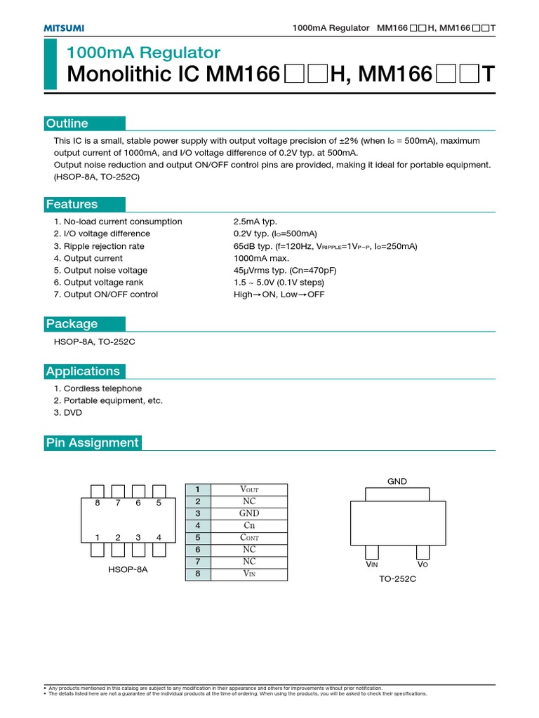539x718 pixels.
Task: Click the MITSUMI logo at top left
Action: [65, 27]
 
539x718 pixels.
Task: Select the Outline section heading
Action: [67, 123]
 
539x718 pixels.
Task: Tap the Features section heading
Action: [72, 204]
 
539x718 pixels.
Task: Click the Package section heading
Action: [72, 323]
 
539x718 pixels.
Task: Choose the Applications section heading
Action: [83, 371]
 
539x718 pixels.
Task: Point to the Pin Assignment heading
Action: [92, 442]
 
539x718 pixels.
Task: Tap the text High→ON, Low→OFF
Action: [279, 294]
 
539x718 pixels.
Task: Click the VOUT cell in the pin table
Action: [249, 489]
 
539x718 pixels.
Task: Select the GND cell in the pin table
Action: [249, 513]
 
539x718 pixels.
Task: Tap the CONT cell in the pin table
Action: [249, 538]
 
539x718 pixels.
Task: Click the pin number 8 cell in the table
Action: [198, 574]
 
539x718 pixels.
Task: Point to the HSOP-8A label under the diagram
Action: [128, 570]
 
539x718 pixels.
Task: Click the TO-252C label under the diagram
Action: [397, 578]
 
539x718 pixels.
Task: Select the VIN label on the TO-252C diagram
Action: [371, 564]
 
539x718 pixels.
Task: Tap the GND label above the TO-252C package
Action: [397, 481]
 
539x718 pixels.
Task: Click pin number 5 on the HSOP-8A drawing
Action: [159, 503]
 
